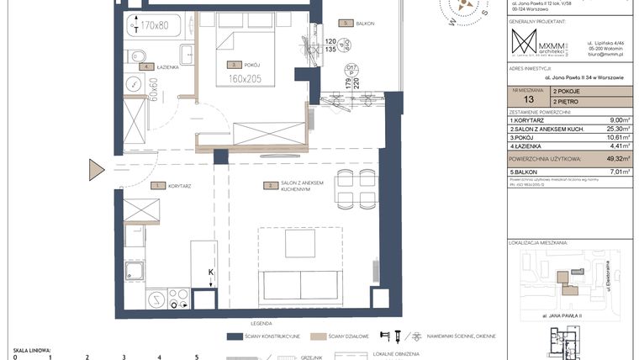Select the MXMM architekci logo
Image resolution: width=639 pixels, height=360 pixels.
click(x=538, y=45)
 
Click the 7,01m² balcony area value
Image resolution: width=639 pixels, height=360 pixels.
click(x=618, y=171)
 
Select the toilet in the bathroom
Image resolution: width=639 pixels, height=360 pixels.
click(x=135, y=56)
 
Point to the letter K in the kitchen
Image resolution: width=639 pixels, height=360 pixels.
click(x=211, y=272)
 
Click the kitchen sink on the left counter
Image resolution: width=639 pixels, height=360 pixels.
click(x=134, y=271)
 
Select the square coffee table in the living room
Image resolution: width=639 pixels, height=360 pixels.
click(x=299, y=244)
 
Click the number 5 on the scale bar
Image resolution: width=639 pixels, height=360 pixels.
click(x=197, y=357)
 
